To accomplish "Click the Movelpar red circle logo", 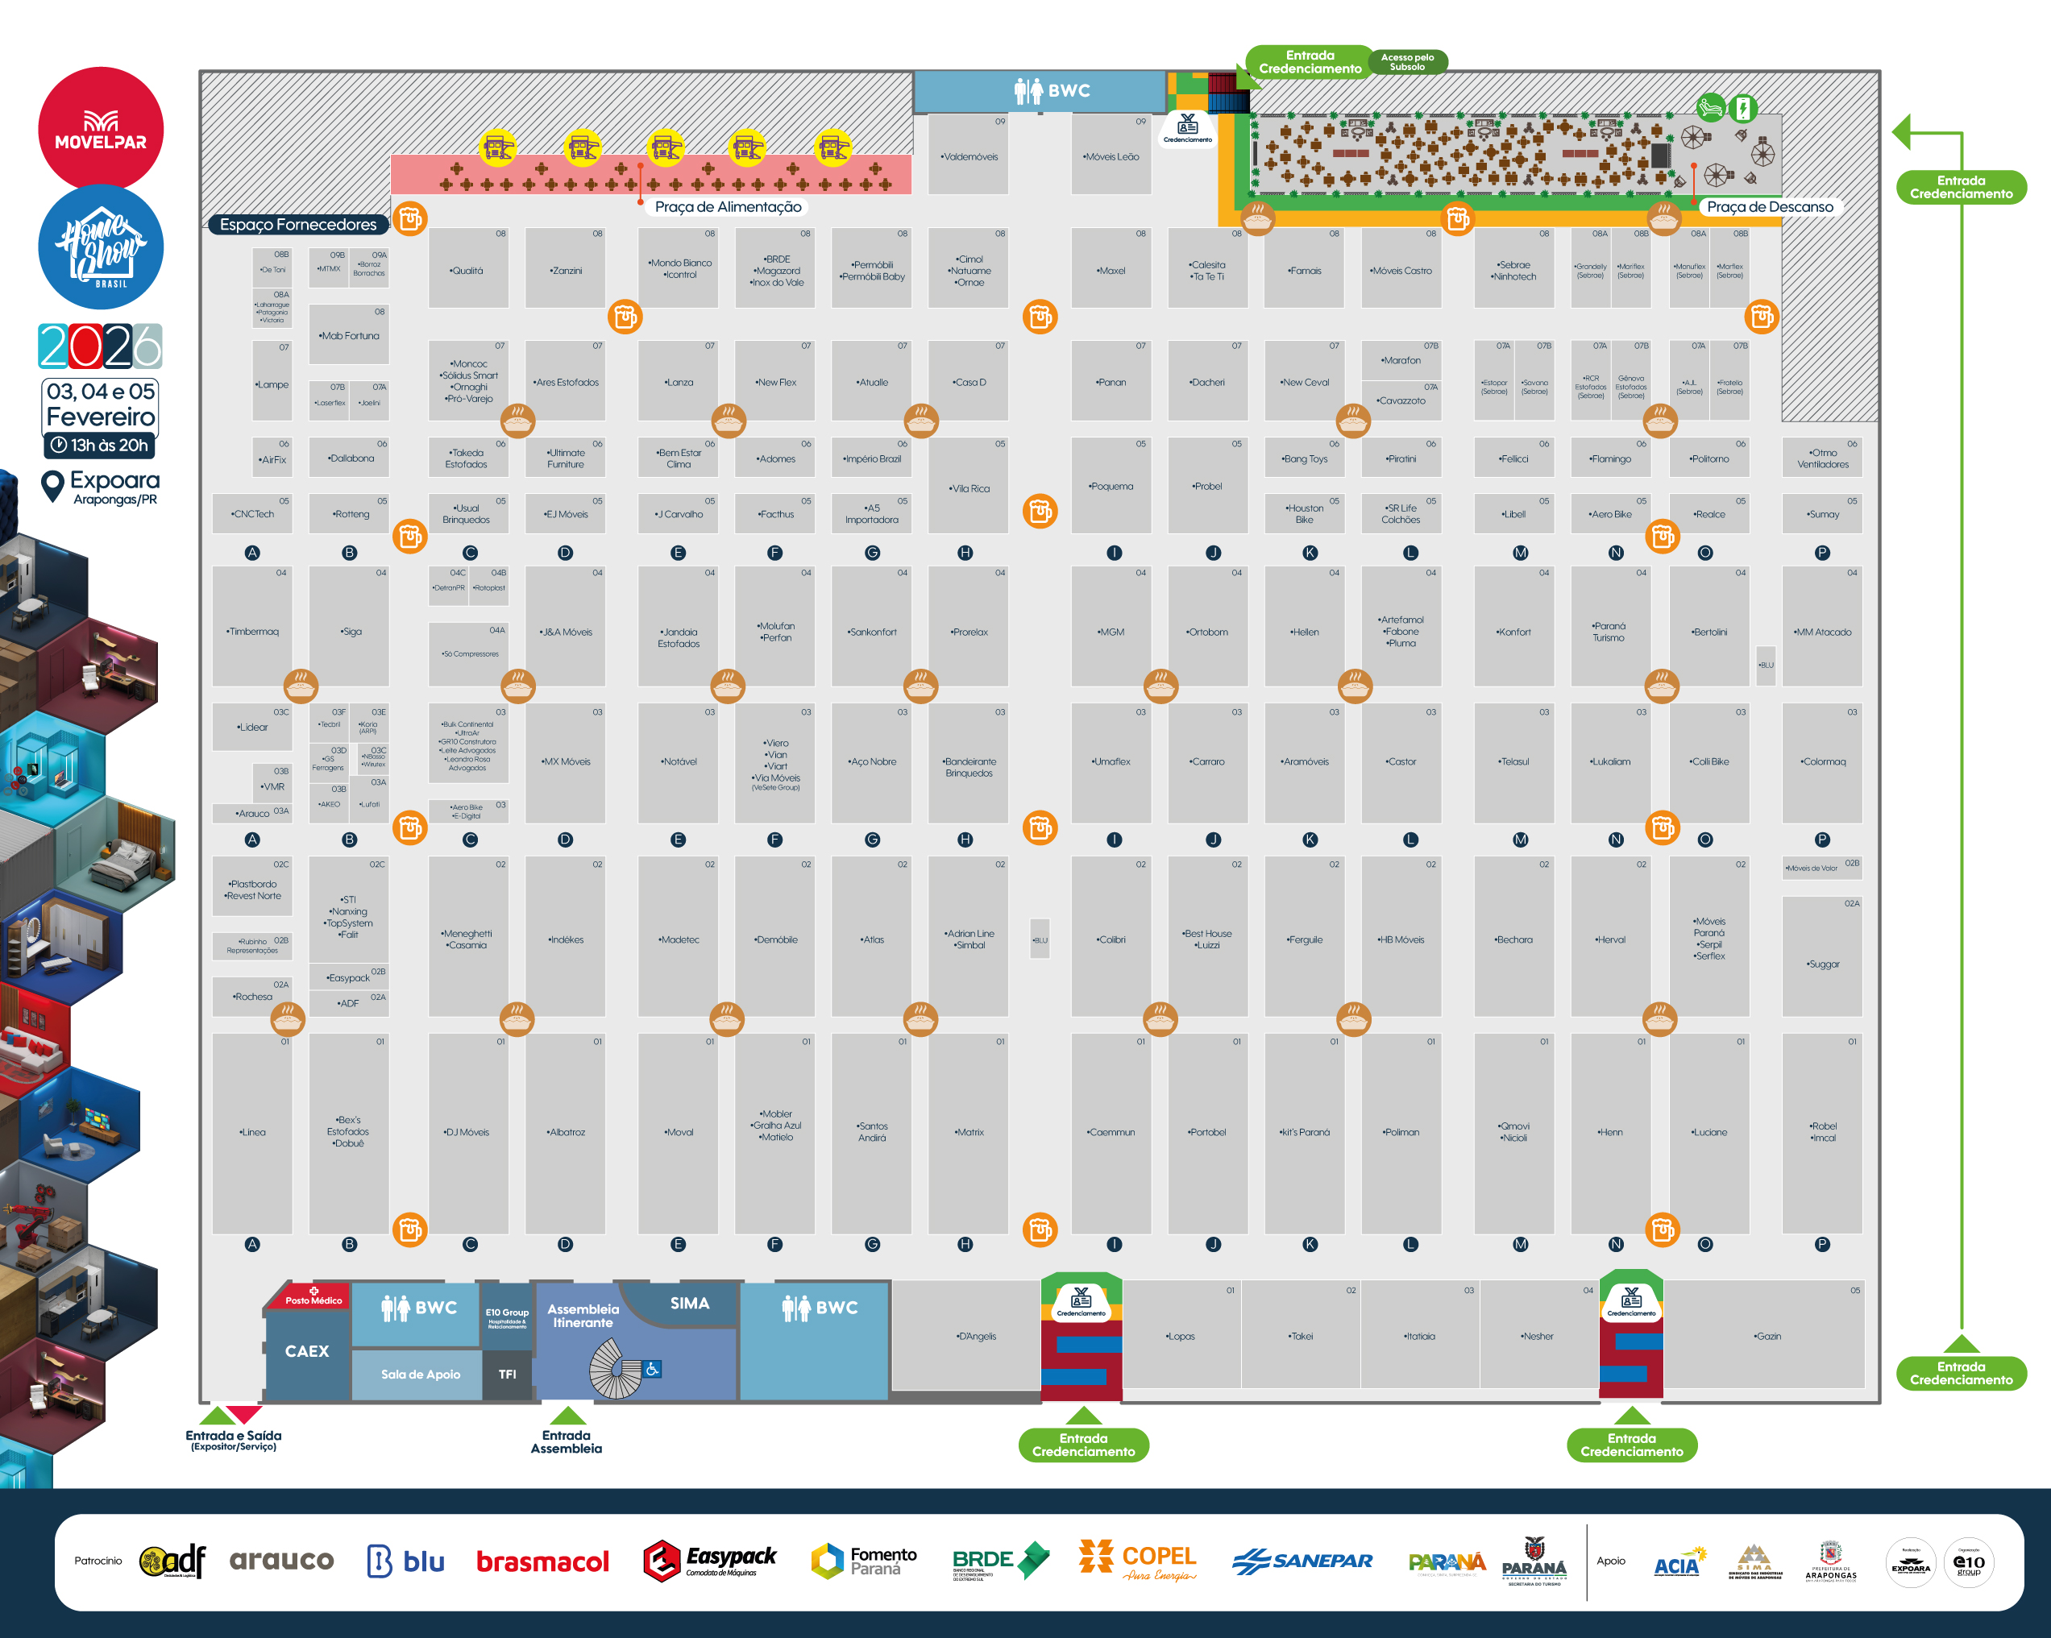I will click(x=101, y=128).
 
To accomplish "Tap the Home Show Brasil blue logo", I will click(x=101, y=247).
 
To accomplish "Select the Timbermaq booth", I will click(x=253, y=631).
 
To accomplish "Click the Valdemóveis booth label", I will click(x=969, y=157).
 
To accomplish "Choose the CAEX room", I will click(x=306, y=1350).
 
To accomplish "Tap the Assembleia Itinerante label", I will click(x=583, y=1316).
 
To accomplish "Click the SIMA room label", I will click(x=690, y=1303).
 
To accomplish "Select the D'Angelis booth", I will click(x=976, y=1337).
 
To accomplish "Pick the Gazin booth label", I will click(x=1767, y=1337).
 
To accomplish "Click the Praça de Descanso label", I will click(x=1770, y=206).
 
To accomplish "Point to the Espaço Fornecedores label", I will click(x=297, y=225).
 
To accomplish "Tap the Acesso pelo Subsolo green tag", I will click(x=1407, y=62).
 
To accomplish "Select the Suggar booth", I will click(x=1823, y=964).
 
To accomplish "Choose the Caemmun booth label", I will click(x=1111, y=1132).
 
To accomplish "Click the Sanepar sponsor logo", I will click(x=1302, y=1561).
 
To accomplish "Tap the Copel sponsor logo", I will click(x=1138, y=1560).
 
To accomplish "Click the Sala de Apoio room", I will click(x=421, y=1375).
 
